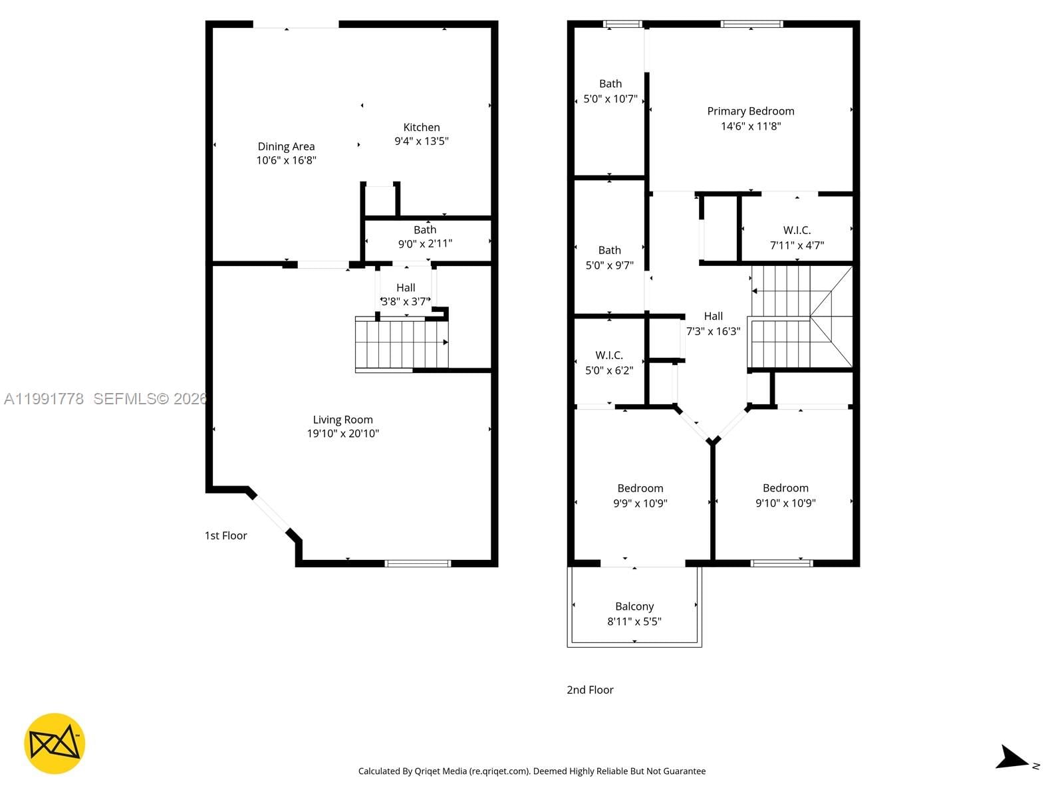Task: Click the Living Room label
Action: [x=342, y=420]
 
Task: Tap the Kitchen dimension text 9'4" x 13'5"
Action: [x=422, y=141]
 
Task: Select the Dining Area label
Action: [x=286, y=146]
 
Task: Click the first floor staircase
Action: [x=401, y=342]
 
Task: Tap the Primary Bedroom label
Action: [x=751, y=111]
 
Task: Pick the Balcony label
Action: [x=634, y=606]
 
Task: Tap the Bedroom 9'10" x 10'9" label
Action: [x=785, y=488]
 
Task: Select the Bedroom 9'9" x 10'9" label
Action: [x=640, y=488]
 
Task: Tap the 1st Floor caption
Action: [x=225, y=535]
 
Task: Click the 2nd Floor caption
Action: [x=590, y=690]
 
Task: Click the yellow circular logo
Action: [x=55, y=743]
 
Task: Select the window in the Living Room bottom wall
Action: [x=418, y=563]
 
